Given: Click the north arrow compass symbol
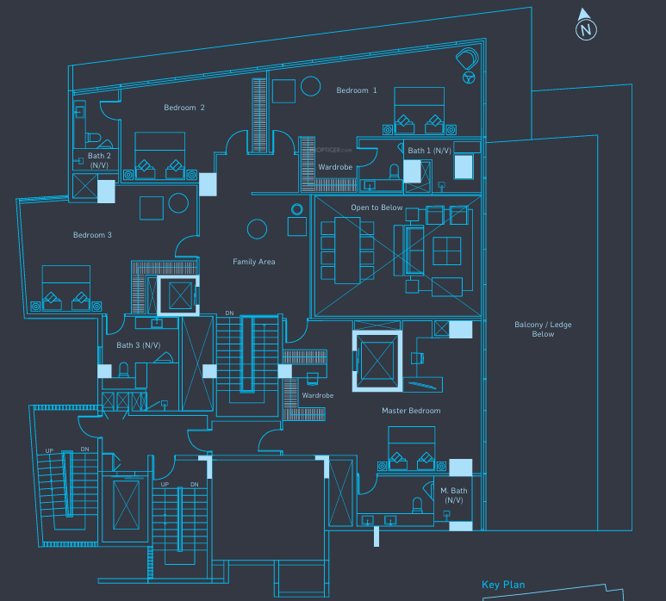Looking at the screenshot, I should coord(586,25).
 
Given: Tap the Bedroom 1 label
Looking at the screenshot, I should coord(356,90).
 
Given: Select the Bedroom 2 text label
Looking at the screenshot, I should coord(184,108).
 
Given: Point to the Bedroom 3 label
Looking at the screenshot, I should coord(92,235).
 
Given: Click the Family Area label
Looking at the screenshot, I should coord(253,262).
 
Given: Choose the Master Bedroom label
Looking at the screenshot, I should coord(411,411).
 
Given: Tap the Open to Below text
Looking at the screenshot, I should coord(377,208).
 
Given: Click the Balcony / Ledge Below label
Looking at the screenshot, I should coord(543,329).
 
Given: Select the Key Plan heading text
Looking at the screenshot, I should coord(503,585).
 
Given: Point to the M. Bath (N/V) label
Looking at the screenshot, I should coord(454,495).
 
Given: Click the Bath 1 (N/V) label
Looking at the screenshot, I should coord(429,151).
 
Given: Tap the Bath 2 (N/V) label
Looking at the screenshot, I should coord(98,160).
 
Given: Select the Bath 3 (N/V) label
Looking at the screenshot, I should coord(139,345).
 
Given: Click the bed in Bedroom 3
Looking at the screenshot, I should coord(66,288).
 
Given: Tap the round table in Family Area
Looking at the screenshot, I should coord(257,228).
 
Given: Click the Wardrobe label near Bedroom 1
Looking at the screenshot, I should coord(333,167).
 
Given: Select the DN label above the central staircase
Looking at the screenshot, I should coord(228,313).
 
